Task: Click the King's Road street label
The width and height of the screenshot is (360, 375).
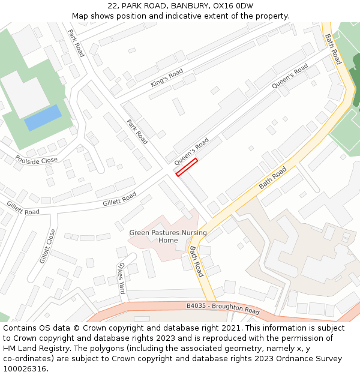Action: pos(167,78)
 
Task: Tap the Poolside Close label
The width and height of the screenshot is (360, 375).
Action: pos(37,160)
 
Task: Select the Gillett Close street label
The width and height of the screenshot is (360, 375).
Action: pos(47,246)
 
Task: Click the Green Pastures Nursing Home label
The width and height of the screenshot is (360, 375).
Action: pos(168,236)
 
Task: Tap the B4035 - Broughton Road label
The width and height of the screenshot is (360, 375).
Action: pos(223,309)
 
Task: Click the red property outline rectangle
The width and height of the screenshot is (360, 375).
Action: pos(187,167)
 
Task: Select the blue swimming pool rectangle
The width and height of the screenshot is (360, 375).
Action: pos(43,118)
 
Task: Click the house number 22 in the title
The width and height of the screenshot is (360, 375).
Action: pos(112,6)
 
